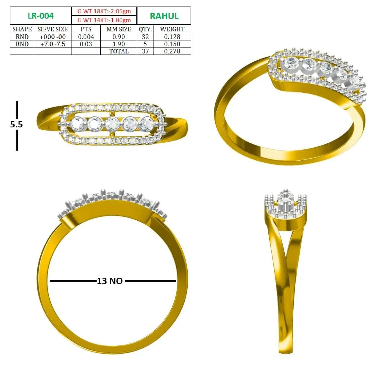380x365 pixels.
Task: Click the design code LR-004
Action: click(41, 16)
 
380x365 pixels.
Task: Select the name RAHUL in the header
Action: click(164, 16)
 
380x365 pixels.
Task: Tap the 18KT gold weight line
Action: click(104, 11)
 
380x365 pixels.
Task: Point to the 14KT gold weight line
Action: click(104, 20)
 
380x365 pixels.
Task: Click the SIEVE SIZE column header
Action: click(53, 29)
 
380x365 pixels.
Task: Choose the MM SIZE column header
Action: click(119, 29)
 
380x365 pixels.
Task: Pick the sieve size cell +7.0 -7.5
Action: click(53, 44)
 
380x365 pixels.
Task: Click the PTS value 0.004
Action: click(86, 37)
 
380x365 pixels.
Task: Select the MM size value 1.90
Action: click(119, 44)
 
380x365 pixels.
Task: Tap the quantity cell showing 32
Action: click(145, 37)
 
